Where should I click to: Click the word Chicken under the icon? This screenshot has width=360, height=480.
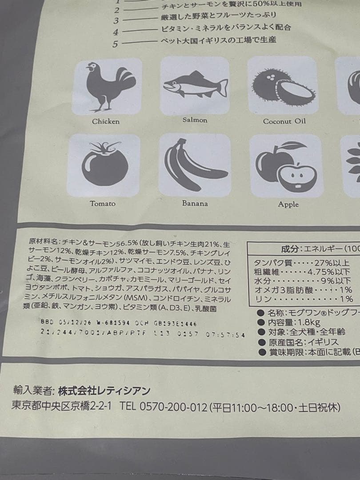106,121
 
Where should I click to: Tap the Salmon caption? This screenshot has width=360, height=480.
195,120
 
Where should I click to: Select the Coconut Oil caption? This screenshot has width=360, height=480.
284,121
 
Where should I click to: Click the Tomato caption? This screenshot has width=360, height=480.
103,204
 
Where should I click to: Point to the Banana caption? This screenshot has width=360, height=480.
195,204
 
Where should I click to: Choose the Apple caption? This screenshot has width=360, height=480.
288,204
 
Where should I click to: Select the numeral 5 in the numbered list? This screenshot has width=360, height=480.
116,44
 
